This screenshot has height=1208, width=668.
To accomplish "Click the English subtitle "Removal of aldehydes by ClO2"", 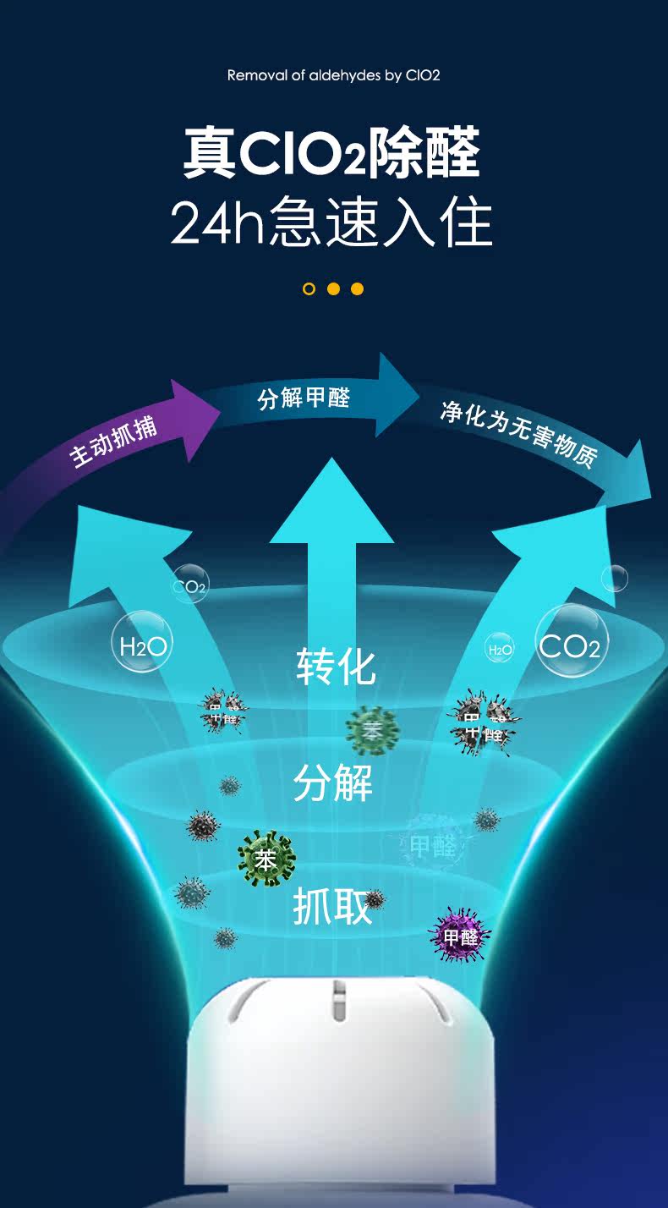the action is [333, 75].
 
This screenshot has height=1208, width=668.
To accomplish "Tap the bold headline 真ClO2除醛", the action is [331, 153].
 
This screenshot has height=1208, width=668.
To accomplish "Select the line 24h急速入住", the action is [331, 222].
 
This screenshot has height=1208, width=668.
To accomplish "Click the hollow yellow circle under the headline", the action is [309, 289].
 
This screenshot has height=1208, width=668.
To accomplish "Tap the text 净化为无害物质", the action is [518, 435].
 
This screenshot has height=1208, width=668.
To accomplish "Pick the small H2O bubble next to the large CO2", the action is [499, 650].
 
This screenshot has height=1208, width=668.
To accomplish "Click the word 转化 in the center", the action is [336, 667].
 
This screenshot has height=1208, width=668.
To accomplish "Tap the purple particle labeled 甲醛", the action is [461, 936].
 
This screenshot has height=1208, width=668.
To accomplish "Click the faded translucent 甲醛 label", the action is [432, 846].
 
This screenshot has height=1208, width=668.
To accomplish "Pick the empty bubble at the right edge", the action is [615, 579].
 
